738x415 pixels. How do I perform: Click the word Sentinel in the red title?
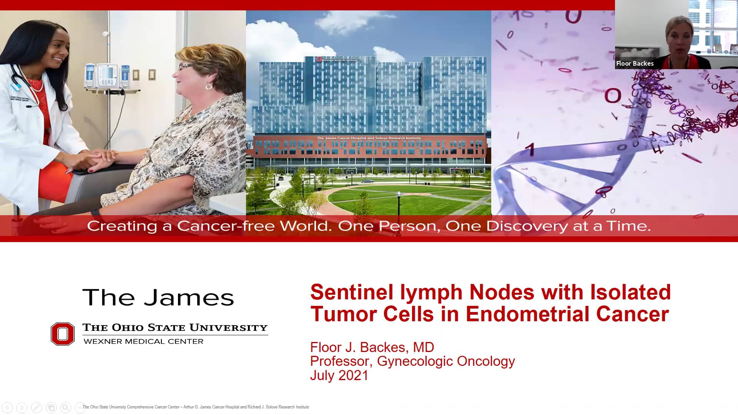(x=351, y=292)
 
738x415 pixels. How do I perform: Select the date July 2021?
(x=339, y=375)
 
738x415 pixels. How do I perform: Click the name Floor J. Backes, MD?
(x=372, y=347)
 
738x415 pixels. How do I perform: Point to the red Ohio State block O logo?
(x=63, y=334)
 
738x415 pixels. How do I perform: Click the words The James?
(x=158, y=298)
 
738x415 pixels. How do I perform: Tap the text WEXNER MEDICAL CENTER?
(x=143, y=342)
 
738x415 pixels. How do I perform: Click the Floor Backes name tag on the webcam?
(x=635, y=64)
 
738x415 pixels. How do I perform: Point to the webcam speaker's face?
(x=680, y=38)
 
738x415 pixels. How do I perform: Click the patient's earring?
(x=209, y=86)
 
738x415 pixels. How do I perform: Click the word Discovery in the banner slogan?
(x=527, y=226)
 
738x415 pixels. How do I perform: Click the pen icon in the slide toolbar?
(x=37, y=407)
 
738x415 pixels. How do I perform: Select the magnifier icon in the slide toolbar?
(x=66, y=407)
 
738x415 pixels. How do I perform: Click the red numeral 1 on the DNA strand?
(x=530, y=149)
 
